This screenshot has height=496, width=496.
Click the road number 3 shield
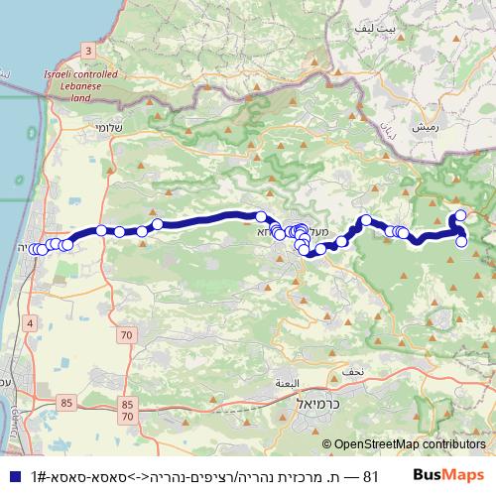click(88, 50)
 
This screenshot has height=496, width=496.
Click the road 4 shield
click(31, 323)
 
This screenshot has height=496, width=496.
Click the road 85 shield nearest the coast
click(66, 402)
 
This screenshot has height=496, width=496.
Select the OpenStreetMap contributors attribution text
click(410, 445)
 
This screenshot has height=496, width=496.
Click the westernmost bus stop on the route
click(34, 249)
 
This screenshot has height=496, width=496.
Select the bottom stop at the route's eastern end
click(461, 241)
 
